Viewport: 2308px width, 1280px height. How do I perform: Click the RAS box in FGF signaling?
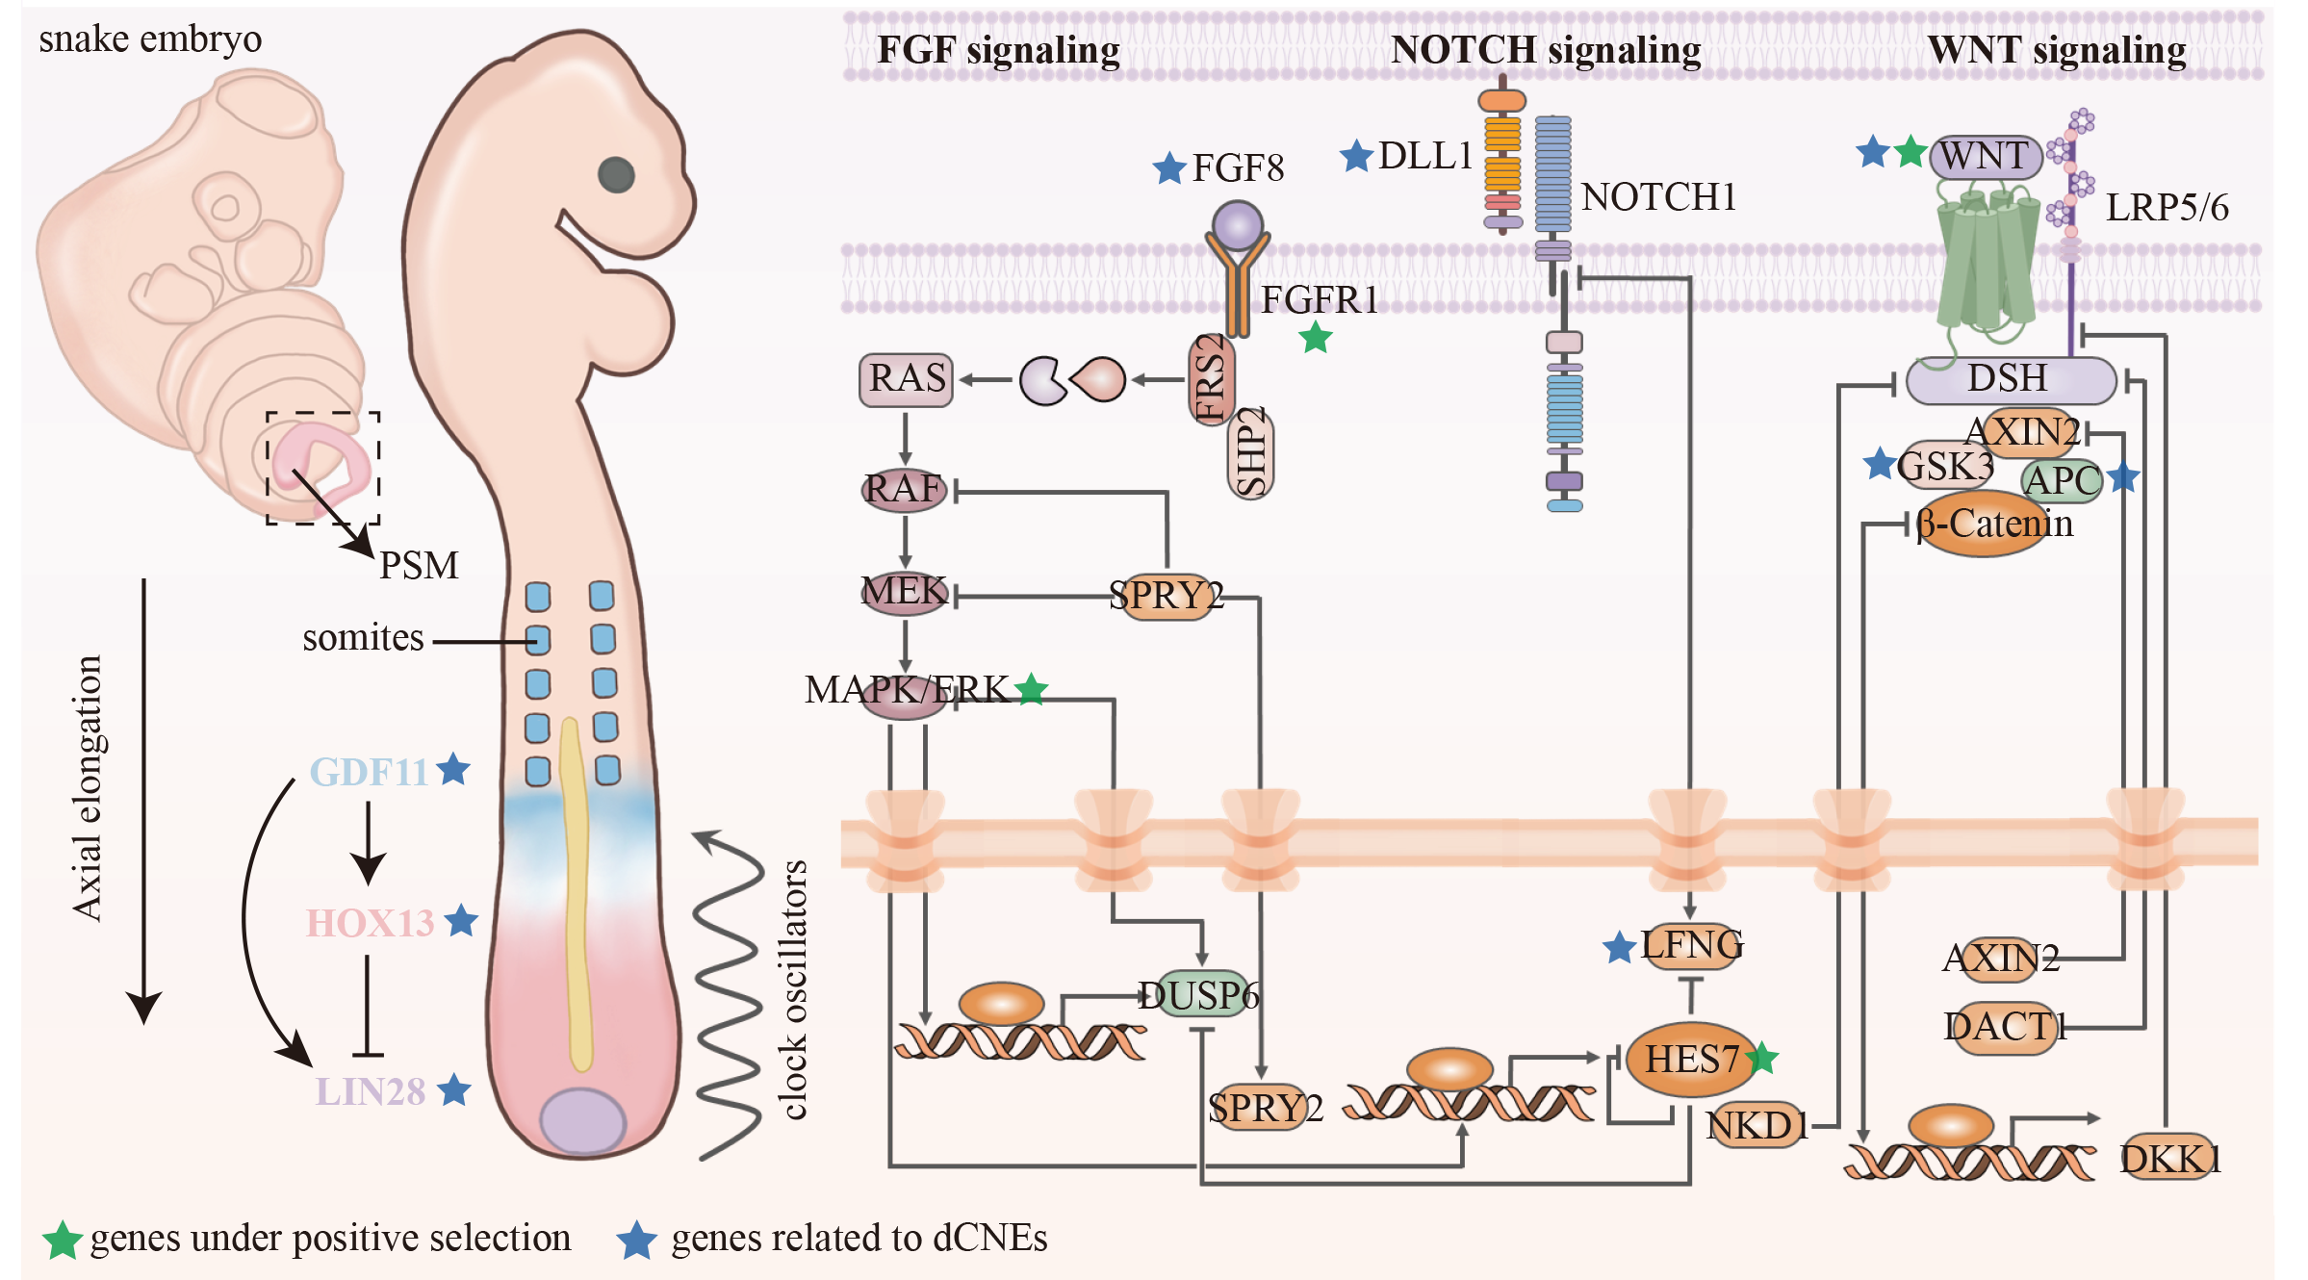point(906,379)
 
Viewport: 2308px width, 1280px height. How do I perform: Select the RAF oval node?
point(904,489)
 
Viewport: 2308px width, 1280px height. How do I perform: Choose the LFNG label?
point(1691,945)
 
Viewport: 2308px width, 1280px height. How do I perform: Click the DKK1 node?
point(2170,1159)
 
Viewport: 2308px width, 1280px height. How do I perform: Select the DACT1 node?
point(2001,1028)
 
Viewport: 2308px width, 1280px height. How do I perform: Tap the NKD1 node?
point(1757,1125)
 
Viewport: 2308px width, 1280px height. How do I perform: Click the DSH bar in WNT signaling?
point(2009,379)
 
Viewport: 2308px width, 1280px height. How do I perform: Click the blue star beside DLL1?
point(1356,156)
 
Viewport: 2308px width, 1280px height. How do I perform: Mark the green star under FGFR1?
point(1316,338)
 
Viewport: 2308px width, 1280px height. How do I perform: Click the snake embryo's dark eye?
point(616,174)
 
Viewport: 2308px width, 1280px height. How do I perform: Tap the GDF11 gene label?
point(369,772)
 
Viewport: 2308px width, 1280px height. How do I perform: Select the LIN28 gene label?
point(371,1091)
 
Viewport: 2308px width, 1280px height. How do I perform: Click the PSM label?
point(419,566)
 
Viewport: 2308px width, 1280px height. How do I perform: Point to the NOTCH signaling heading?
point(1546,50)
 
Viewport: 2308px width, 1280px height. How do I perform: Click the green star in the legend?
point(63,1240)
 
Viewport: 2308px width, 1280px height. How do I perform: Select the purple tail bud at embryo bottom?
point(582,1121)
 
